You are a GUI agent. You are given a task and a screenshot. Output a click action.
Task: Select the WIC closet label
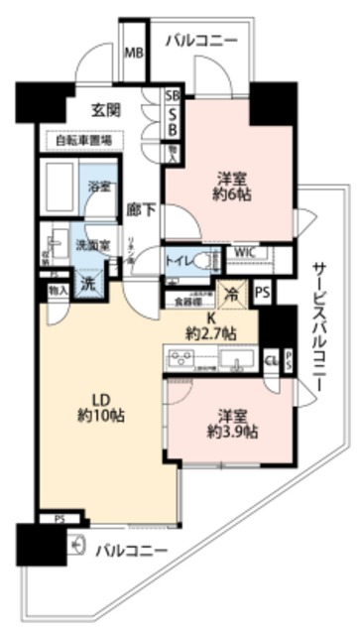coord(245,253)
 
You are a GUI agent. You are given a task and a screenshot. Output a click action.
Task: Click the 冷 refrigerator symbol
coord(231,294)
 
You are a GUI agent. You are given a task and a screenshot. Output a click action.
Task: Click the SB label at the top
coord(172,97)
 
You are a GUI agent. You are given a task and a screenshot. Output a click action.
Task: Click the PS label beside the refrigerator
coord(262,293)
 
